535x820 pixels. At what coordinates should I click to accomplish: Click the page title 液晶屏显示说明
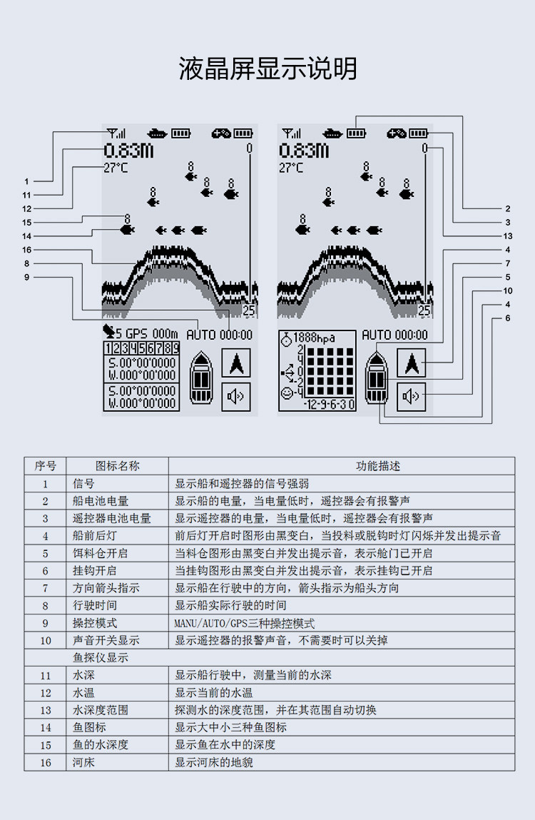coord(267,69)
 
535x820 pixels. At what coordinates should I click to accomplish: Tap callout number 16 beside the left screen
coord(26,250)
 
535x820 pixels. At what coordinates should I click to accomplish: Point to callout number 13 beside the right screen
coord(507,236)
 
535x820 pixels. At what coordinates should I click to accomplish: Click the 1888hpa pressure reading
coord(314,338)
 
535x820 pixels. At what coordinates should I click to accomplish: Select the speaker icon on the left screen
coord(236,396)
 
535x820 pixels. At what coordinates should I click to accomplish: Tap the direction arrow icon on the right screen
coord(412,363)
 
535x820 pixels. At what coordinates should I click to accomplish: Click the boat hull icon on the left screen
coord(201,377)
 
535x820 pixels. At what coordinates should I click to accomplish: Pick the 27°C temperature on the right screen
coord(291,168)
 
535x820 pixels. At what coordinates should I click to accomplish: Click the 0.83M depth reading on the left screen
coord(128,151)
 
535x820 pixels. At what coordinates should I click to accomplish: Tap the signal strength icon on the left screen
coord(116,133)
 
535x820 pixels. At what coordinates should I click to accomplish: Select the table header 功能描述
coord(377,466)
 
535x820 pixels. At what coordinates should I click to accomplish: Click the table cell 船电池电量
coord(101,501)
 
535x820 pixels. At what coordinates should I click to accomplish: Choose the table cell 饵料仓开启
coord(100,553)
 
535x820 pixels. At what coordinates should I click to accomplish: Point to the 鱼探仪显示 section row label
coord(101,657)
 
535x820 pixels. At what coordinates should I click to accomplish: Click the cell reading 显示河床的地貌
coord(214,762)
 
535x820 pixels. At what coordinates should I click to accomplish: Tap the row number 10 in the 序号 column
coord(46,641)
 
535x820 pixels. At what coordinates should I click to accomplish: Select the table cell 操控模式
coord(95,623)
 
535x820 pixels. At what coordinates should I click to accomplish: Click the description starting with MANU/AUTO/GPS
coord(245,623)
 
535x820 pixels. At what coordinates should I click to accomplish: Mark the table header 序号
coord(45,466)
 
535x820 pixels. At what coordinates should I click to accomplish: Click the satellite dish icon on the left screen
coord(108,331)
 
